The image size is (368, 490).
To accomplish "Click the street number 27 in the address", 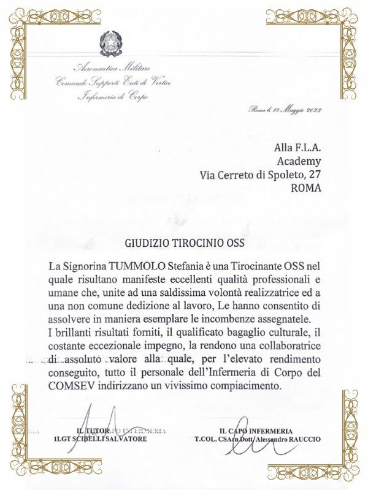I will [x=314, y=175].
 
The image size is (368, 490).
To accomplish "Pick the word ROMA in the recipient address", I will [x=307, y=188].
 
